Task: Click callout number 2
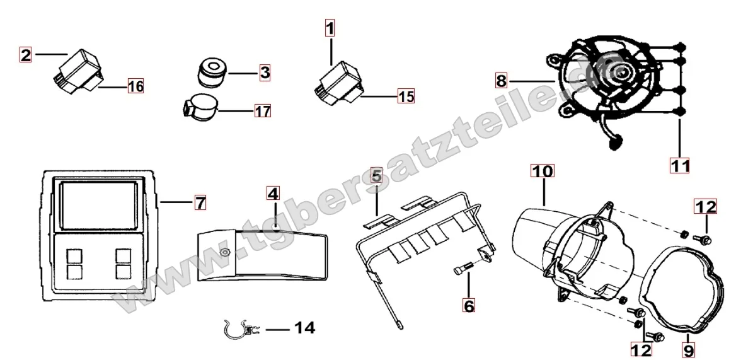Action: [x=25, y=55]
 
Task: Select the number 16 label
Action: [x=135, y=86]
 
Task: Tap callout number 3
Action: [x=265, y=73]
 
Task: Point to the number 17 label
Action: [x=263, y=111]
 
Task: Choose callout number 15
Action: [x=406, y=96]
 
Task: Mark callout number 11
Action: [x=680, y=166]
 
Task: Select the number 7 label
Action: [x=200, y=203]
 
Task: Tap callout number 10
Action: [x=542, y=171]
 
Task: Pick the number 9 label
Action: [x=689, y=350]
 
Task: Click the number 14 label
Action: [x=304, y=328]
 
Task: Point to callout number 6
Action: [x=469, y=306]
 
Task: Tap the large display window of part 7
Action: [x=100, y=205]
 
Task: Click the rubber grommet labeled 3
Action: [x=210, y=73]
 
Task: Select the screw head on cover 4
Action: [x=226, y=252]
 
